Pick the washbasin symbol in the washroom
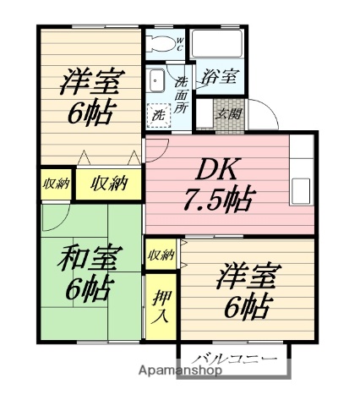[x=159, y=81]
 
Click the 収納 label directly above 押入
[x=161, y=254]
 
